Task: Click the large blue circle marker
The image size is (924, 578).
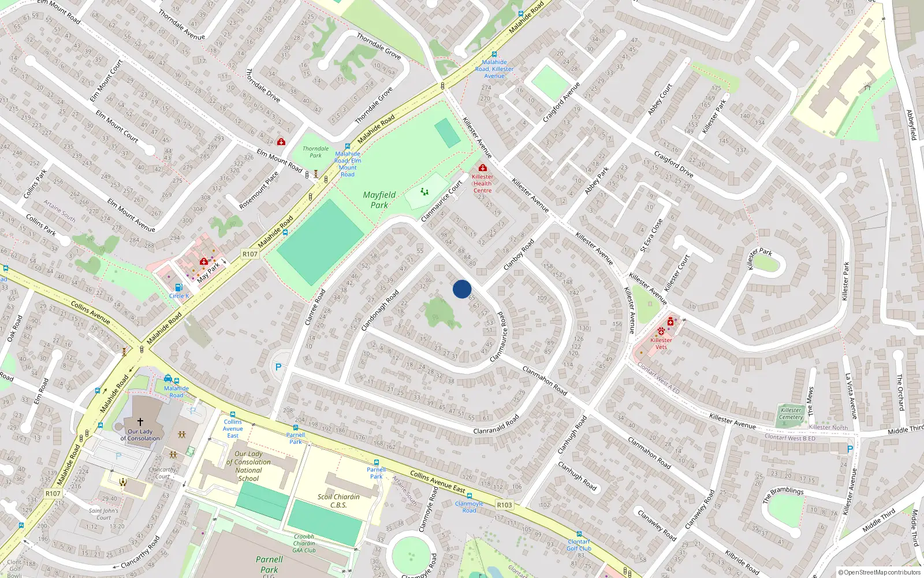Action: coord(462,289)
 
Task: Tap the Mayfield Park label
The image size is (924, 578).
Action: coord(379,200)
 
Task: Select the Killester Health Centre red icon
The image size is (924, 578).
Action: coord(483,168)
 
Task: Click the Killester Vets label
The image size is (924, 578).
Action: coord(661,343)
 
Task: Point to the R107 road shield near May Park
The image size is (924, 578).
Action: coord(249,254)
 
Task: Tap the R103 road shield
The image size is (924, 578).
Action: coord(504,505)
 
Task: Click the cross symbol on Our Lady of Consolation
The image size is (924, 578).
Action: coord(140,422)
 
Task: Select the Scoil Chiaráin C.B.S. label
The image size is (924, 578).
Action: coord(338,501)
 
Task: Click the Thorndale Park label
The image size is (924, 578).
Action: coord(315,152)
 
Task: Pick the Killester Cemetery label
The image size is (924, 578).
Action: coord(791,413)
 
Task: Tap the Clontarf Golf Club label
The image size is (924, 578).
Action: coord(579,545)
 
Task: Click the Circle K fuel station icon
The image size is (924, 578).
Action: coord(178,287)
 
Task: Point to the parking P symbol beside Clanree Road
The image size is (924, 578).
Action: coord(279,367)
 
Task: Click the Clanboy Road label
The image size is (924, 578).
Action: coord(519,255)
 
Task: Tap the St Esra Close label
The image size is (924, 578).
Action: coord(651,235)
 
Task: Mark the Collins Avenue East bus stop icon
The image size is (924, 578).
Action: coord(233,414)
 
